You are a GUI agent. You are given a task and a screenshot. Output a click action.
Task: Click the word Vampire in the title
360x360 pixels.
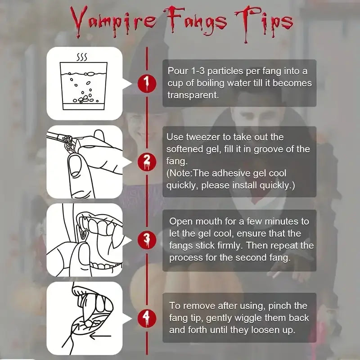(113, 21)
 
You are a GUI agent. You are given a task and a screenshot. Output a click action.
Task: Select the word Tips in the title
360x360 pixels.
(264, 23)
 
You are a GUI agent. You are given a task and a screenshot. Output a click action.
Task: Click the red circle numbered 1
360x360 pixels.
(147, 84)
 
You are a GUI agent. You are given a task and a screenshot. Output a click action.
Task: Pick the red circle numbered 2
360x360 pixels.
(147, 162)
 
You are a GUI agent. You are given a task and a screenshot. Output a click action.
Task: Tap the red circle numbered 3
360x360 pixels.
(147, 240)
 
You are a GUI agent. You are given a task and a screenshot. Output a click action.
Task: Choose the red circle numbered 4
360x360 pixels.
(147, 318)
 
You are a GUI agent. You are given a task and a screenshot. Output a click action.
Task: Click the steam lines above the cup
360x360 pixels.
(82, 57)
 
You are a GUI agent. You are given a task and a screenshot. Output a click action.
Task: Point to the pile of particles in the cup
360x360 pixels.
(85, 99)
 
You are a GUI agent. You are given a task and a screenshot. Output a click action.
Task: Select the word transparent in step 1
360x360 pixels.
(193, 95)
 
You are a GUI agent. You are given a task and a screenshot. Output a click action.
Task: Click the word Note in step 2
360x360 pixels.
(180, 173)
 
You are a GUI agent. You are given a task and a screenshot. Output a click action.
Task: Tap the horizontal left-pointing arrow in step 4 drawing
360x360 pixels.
(100, 336)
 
